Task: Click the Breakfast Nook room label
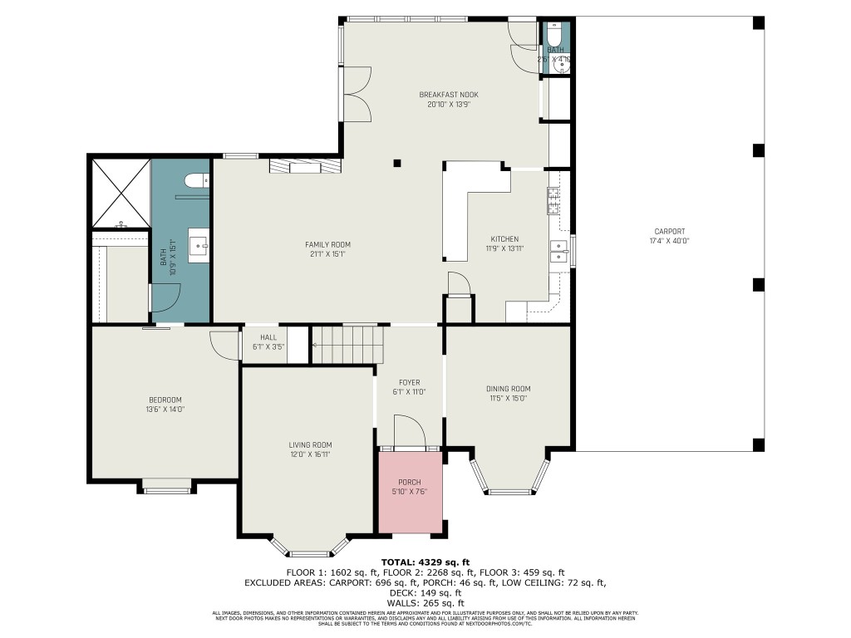click(448, 95)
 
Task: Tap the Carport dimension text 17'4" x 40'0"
click(669, 241)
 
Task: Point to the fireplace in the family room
click(305, 167)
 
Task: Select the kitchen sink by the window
click(558, 251)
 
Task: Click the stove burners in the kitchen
click(553, 200)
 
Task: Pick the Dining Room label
click(508, 389)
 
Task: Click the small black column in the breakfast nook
click(397, 163)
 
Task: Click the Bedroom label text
click(165, 400)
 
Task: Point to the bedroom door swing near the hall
click(223, 344)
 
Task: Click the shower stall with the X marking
click(121, 193)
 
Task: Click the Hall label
click(268, 337)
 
